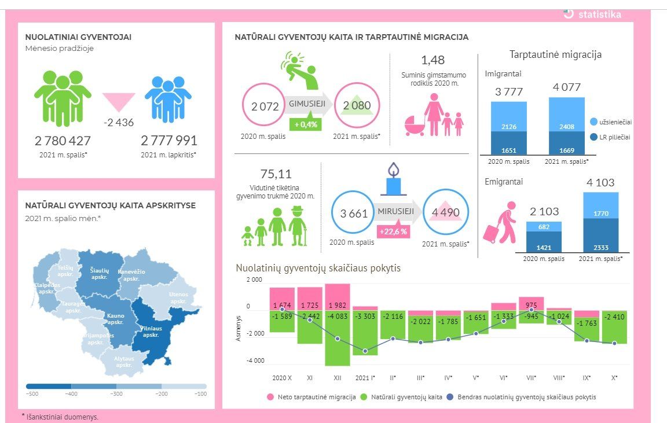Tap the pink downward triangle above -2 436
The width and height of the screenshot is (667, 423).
119,102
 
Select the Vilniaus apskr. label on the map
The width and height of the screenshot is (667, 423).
151,332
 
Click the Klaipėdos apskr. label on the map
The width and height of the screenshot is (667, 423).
46,288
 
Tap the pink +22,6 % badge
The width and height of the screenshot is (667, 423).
393,231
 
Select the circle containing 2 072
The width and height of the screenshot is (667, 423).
265,106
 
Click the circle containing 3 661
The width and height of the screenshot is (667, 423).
354,213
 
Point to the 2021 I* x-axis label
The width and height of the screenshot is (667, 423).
365,378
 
